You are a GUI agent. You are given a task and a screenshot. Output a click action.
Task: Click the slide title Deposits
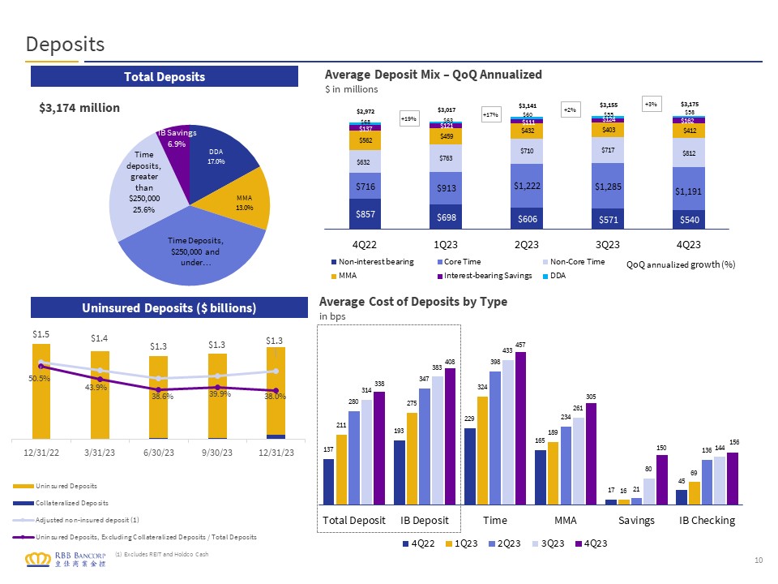66,44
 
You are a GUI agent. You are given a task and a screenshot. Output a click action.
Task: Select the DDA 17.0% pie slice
218,158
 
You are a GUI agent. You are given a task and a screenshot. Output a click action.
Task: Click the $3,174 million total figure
79,108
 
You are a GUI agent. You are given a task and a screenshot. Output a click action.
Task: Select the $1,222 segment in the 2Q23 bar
527,186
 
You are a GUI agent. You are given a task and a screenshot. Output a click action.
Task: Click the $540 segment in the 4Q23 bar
688,218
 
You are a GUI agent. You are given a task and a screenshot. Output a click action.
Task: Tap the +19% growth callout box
409,118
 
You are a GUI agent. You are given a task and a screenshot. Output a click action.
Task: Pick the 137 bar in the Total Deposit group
328,482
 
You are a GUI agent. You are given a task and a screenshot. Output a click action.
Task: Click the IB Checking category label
707,519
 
